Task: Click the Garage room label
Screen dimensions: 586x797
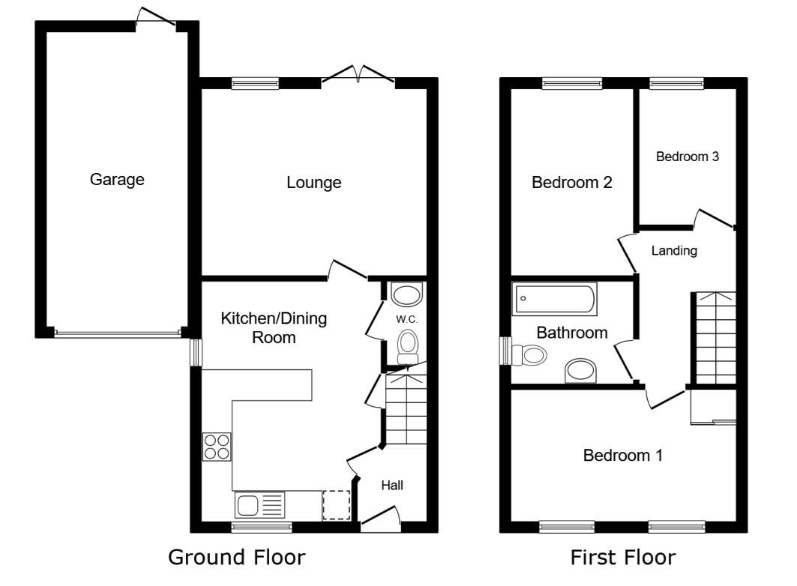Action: [117, 180]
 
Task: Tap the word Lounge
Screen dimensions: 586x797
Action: [314, 182]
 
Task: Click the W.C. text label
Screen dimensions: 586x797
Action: [406, 318]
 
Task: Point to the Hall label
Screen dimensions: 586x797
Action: [392, 486]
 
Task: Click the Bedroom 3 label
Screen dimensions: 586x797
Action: [688, 157]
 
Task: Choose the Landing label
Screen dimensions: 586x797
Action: [674, 251]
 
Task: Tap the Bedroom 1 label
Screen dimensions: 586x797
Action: [623, 455]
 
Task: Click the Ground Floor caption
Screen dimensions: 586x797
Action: [236, 558]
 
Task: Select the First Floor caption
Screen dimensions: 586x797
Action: [623, 558]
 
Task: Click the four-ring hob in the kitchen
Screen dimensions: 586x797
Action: [217, 447]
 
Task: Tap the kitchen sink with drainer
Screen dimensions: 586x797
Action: [260, 505]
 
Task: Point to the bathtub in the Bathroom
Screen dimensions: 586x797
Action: [555, 300]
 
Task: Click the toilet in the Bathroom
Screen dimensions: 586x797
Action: [530, 354]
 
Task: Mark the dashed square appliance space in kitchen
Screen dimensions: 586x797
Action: [336, 505]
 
